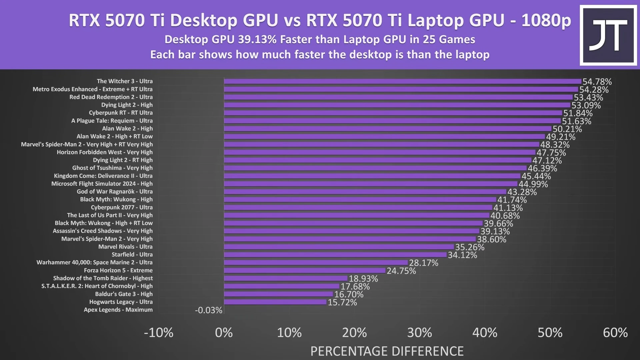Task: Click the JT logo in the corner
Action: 608,35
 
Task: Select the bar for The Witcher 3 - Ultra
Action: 402,81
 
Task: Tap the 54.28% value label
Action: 594,90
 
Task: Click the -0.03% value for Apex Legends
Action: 208,310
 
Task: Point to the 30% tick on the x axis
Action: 419,333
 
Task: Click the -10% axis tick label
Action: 159,333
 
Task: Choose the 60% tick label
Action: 615,333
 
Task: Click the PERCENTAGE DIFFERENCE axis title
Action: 387,351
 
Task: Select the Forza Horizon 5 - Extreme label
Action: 118,270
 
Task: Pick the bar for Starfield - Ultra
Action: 335,255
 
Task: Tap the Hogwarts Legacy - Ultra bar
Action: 275,302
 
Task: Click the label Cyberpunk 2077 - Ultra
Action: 122,207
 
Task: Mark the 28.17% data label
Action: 423,263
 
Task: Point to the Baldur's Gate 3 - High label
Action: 124,294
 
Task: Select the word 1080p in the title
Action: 546,20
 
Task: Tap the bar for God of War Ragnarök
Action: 365,192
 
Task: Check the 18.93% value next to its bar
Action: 363,279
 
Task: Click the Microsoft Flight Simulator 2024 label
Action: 102,184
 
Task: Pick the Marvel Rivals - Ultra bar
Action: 339,247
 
